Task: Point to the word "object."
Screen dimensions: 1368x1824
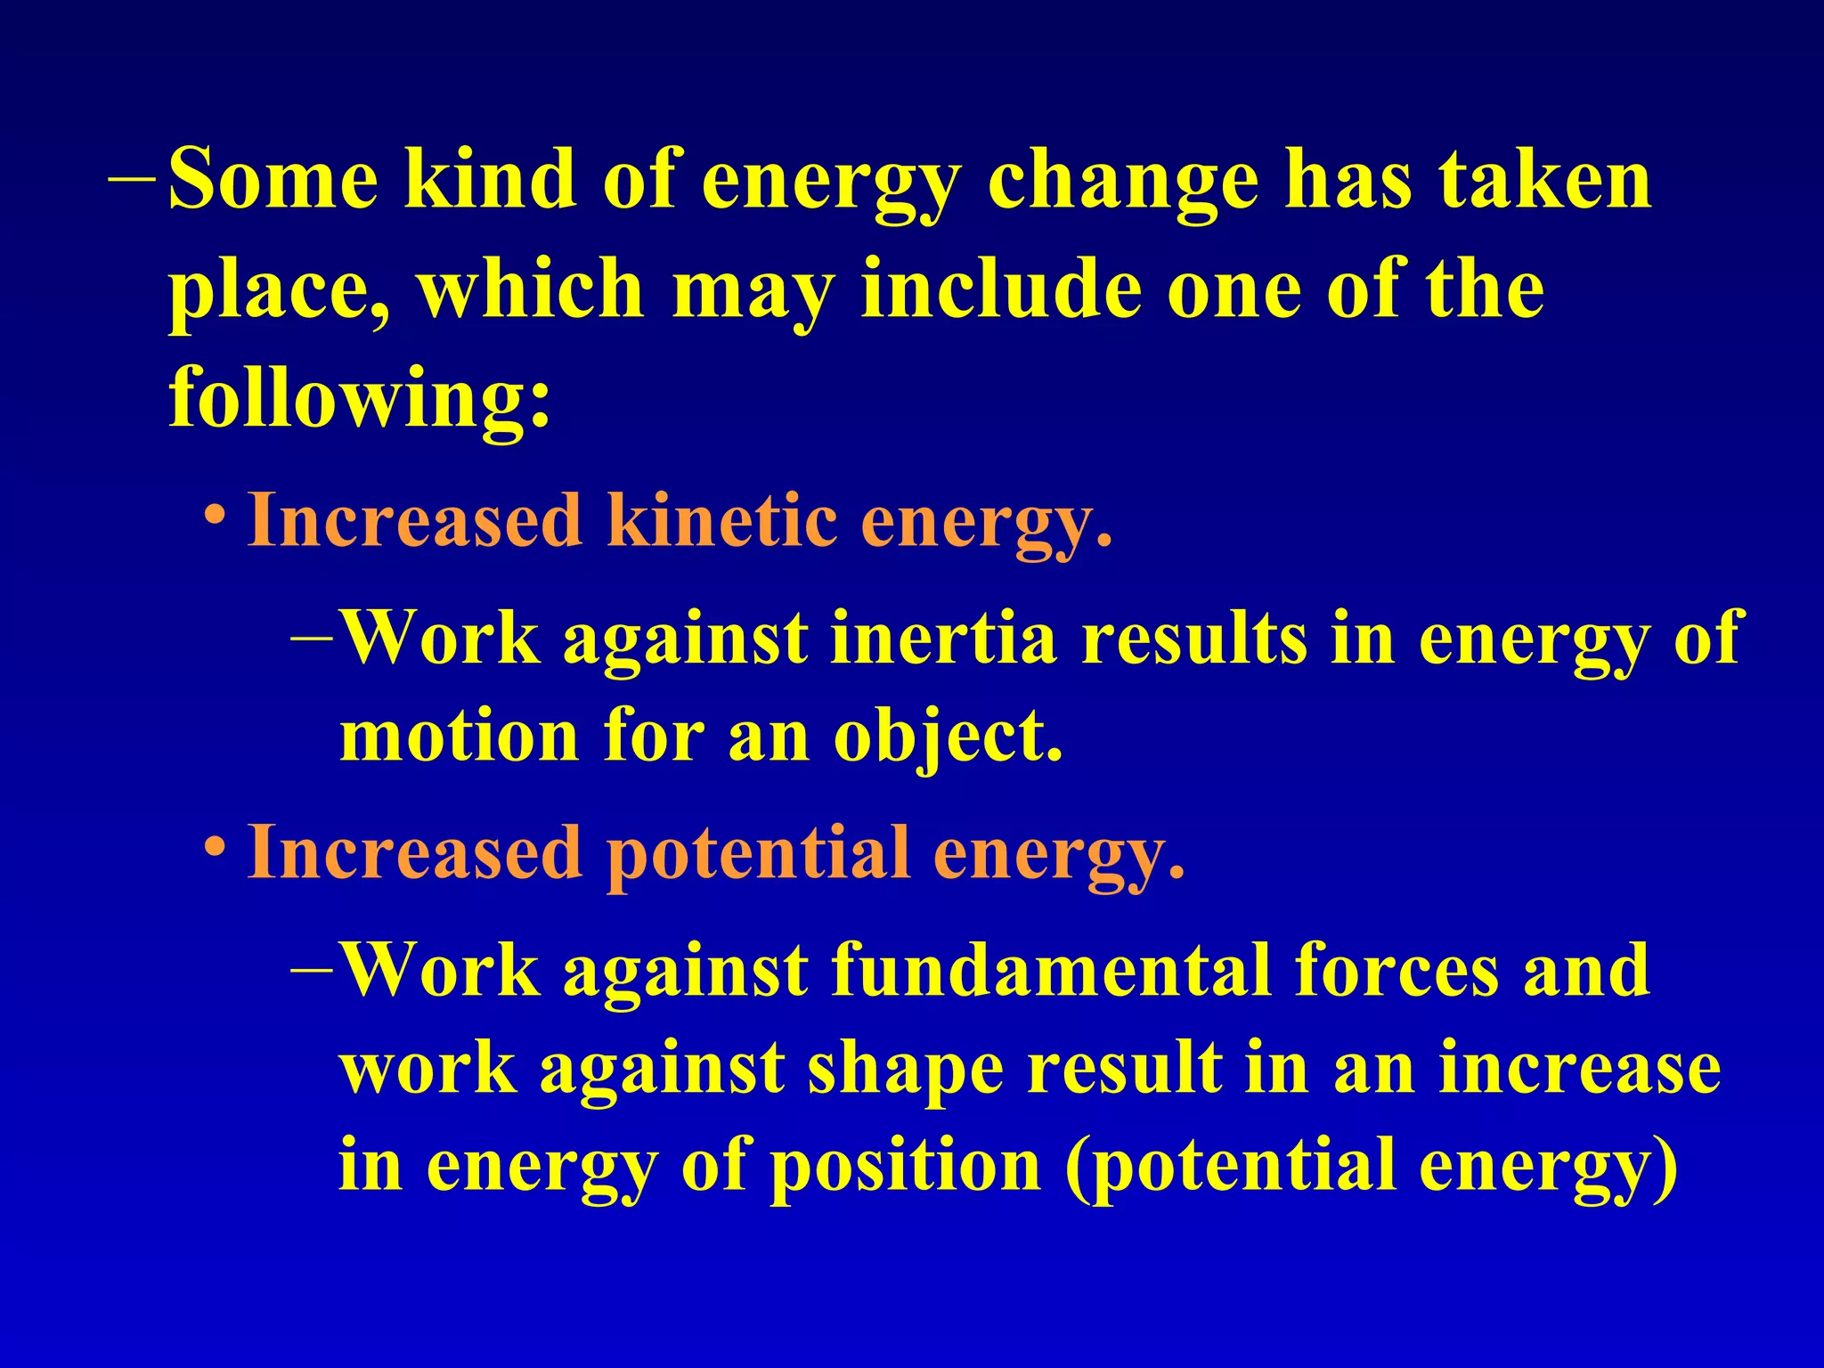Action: click(949, 739)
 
